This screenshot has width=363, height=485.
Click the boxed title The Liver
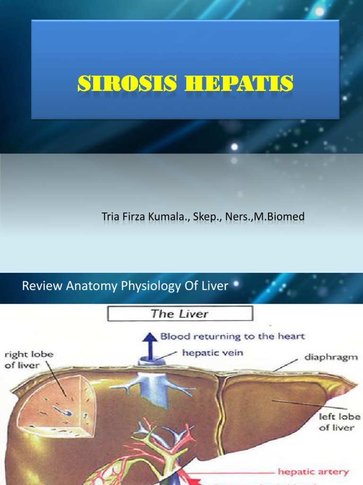(180, 314)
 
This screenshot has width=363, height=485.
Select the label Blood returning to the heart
(233, 337)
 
